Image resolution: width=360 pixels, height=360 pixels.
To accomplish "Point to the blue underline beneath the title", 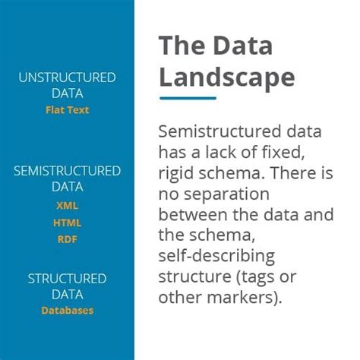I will (x=188, y=97).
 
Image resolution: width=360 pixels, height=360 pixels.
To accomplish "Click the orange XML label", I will (x=67, y=205).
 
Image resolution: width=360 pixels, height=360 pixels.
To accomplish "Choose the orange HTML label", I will (x=67, y=223).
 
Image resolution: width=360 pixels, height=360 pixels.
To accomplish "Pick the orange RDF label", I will (x=67, y=240).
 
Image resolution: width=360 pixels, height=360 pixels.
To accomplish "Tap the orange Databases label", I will (x=67, y=310).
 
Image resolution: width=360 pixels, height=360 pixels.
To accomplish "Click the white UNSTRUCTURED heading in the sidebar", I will (x=67, y=77).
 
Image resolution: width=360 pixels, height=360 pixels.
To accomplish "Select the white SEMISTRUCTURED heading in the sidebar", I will (x=67, y=171).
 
